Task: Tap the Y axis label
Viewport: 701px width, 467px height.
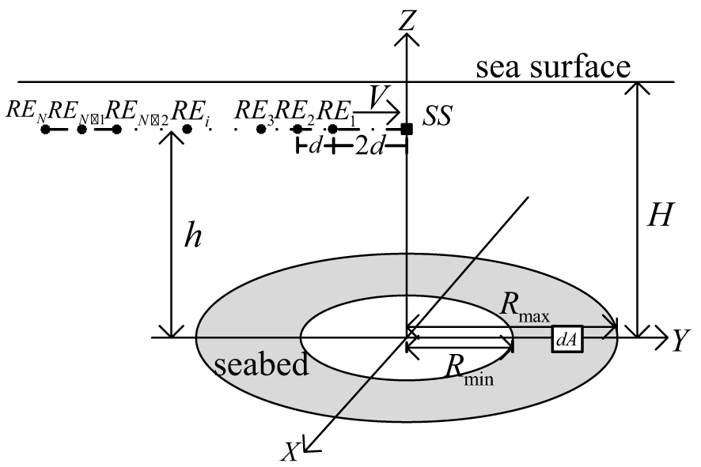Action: pyautogui.click(x=679, y=341)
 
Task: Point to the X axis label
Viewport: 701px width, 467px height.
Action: pyautogui.click(x=291, y=450)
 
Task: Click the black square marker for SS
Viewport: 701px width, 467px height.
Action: pyautogui.click(x=406, y=128)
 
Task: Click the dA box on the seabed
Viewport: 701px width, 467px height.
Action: pyautogui.click(x=567, y=338)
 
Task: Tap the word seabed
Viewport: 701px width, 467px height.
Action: pyautogui.click(x=261, y=365)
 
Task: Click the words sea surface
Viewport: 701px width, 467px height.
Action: pyautogui.click(x=552, y=68)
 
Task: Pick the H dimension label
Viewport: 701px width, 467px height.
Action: pyautogui.click(x=657, y=216)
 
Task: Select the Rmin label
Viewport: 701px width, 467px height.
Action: pyautogui.click(x=468, y=369)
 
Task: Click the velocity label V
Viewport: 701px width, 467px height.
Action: pyautogui.click(x=379, y=100)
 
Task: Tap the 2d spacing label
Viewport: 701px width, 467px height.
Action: pyautogui.click(x=370, y=147)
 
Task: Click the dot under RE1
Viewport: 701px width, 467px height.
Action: pyautogui.click(x=333, y=129)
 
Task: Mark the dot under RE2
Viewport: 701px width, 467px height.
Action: pyautogui.click(x=297, y=129)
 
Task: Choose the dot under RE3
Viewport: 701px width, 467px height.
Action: pyautogui.click(x=260, y=129)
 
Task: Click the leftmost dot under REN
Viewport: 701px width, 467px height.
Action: pyautogui.click(x=46, y=129)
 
